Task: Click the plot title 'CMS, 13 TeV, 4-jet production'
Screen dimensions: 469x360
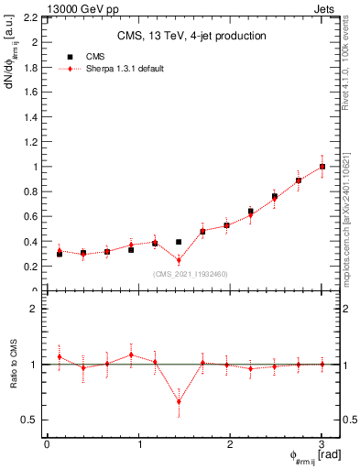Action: (191, 36)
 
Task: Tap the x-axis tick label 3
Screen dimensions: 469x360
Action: (322, 444)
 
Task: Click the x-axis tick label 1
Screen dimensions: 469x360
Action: (138, 444)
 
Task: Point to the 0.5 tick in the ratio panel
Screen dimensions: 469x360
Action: (28, 420)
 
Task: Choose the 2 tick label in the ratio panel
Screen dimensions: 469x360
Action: (33, 309)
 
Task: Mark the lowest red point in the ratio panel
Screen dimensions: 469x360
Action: (179, 401)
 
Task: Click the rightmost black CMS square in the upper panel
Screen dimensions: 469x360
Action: (322, 167)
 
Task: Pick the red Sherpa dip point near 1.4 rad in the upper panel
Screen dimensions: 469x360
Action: (179, 260)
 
